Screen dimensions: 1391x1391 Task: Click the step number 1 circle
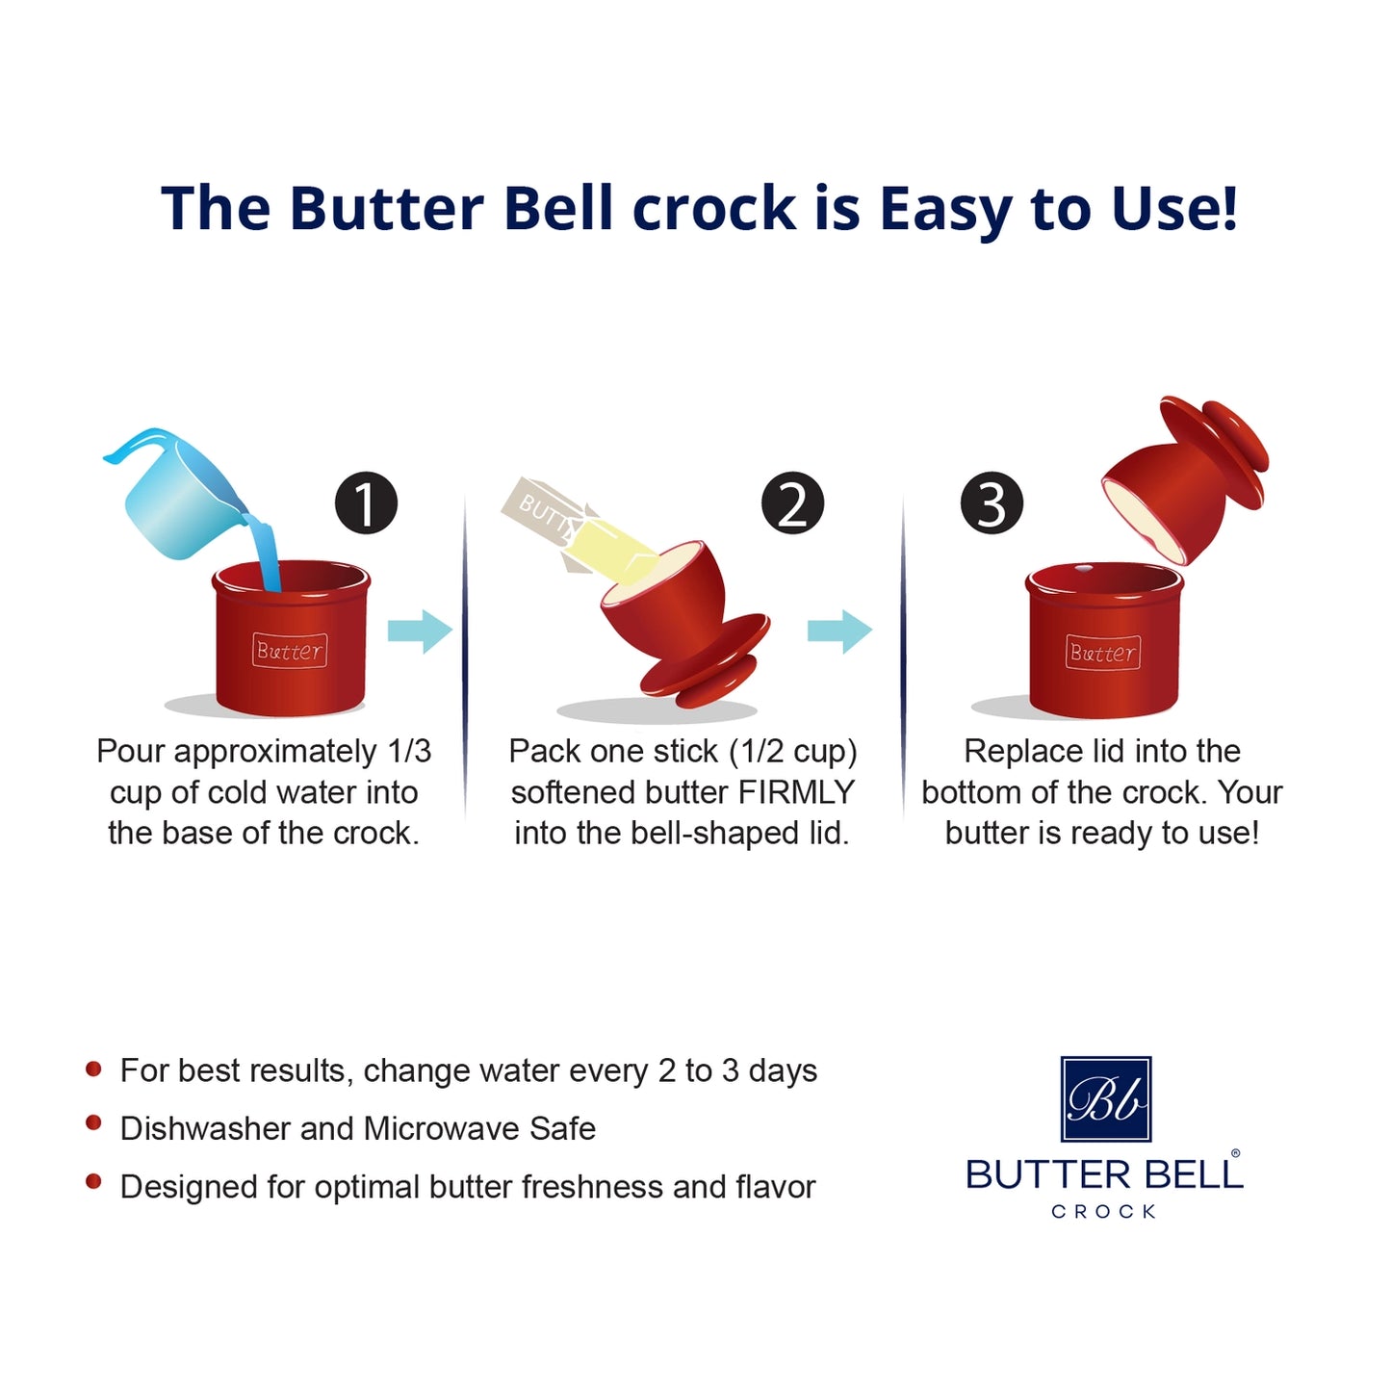point(366,503)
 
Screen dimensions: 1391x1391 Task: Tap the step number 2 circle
point(792,503)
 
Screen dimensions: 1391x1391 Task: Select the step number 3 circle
point(992,503)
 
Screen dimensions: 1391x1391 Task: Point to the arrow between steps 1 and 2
point(420,631)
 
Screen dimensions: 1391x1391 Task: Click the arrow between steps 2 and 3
point(839,631)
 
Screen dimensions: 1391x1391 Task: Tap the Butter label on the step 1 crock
point(290,651)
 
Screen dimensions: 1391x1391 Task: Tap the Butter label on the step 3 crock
point(1103,653)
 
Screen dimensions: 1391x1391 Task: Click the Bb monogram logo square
point(1105,1098)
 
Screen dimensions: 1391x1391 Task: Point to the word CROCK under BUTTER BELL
point(1103,1212)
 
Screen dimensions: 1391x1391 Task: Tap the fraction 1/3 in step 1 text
point(409,751)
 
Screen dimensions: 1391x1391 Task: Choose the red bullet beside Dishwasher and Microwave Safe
point(93,1123)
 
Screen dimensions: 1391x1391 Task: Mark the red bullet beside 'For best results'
point(93,1068)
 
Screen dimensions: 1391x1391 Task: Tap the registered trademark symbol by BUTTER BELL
point(1236,1153)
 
